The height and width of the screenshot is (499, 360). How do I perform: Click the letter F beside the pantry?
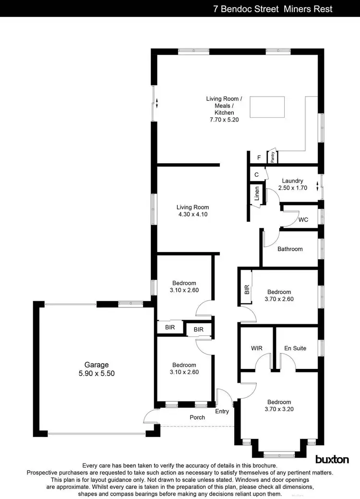(x=259, y=157)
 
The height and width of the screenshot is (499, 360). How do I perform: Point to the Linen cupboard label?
(x=257, y=194)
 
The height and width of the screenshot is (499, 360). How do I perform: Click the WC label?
(x=303, y=220)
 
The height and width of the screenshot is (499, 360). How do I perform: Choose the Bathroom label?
(x=290, y=249)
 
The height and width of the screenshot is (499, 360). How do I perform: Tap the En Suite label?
(x=295, y=348)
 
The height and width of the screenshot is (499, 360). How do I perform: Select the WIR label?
(x=256, y=348)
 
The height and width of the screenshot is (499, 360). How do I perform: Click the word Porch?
(x=197, y=417)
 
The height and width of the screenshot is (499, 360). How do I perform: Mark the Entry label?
(x=222, y=411)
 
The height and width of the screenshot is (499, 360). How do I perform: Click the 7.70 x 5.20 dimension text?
(x=224, y=119)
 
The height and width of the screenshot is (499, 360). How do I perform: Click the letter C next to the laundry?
(x=257, y=174)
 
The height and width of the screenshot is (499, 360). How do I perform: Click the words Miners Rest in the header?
(x=312, y=9)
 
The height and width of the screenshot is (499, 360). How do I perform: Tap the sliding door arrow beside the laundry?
(x=318, y=185)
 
